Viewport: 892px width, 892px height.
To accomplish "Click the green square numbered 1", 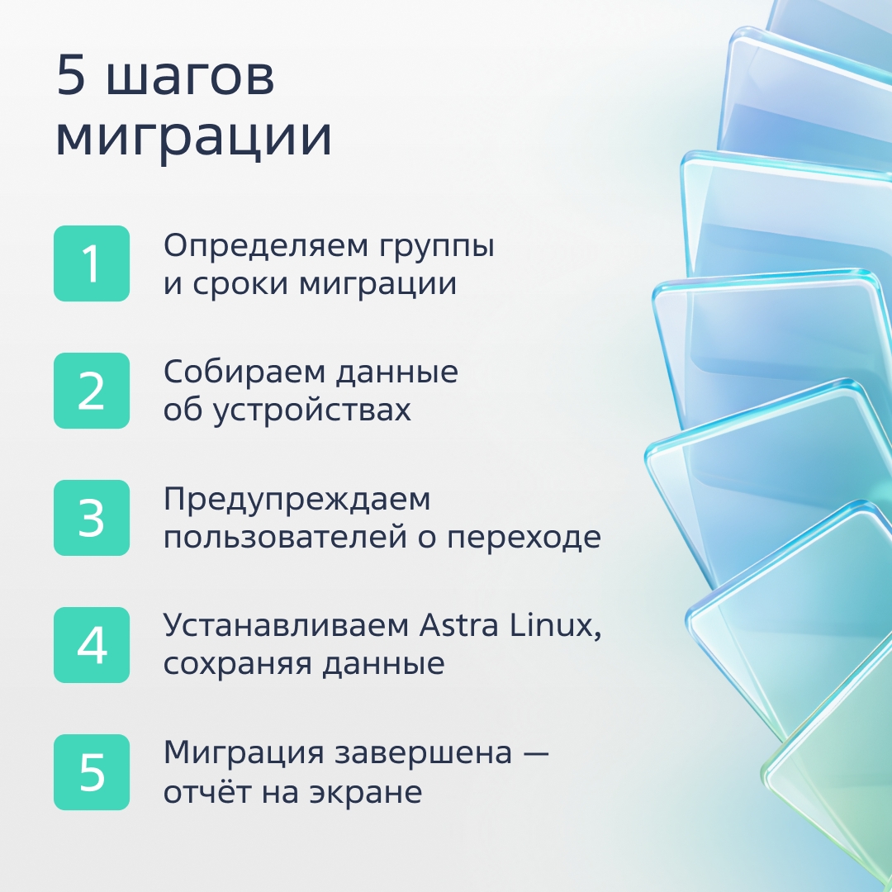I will (x=92, y=263).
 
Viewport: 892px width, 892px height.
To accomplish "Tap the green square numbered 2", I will (x=92, y=391).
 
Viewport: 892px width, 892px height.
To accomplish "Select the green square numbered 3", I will (x=92, y=518).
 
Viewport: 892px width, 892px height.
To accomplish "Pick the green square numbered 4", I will (x=92, y=645).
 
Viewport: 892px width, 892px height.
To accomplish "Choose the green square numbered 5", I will (x=92, y=772).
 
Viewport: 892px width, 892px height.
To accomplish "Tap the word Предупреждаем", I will (x=297, y=501).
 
